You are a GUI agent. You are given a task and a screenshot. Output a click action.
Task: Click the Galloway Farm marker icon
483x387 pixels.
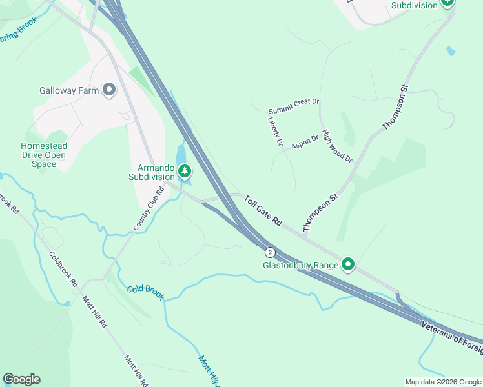(108, 90)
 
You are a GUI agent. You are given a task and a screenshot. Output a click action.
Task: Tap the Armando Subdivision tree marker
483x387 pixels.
(185, 171)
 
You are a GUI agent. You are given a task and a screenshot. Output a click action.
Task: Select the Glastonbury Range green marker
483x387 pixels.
(349, 264)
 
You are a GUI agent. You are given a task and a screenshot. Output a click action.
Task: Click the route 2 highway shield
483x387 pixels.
(270, 252)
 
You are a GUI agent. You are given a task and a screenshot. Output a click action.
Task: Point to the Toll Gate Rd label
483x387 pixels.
(263, 211)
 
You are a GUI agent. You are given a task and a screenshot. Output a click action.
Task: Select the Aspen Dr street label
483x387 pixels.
(305, 143)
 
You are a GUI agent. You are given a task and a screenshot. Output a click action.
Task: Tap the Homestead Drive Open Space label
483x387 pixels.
(43, 155)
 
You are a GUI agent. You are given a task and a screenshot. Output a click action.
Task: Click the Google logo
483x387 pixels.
(21, 379)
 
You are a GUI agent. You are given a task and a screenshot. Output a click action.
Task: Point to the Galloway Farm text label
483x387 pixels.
(69, 91)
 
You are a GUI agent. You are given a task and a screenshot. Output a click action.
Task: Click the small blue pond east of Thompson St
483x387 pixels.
(450, 50)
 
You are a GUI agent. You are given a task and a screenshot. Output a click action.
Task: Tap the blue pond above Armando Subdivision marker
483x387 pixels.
(181, 154)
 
